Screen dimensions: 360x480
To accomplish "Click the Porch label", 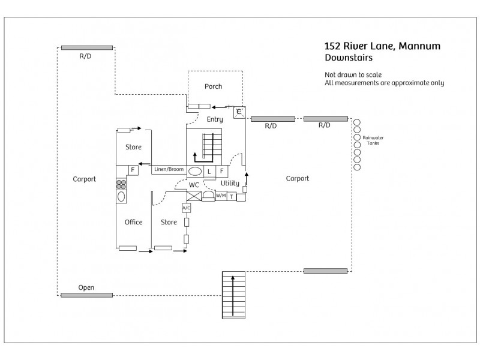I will coord(213,86).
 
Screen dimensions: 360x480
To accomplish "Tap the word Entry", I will coord(215,119).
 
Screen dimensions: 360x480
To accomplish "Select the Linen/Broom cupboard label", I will coord(168,170).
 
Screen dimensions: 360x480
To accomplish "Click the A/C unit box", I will coord(186,208).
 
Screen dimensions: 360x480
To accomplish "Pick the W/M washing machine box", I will coord(221,196).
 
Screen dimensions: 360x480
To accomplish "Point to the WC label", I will coord(194,185).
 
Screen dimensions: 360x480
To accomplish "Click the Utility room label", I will coord(230,183).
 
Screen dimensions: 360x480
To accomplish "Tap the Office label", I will coord(133,222).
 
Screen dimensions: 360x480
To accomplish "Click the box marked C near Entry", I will coord(239,112).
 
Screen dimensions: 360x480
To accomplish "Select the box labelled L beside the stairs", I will coord(209,172).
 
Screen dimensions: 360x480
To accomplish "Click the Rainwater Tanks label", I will coord(373,140).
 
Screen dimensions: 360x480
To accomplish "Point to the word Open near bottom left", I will coord(86,287).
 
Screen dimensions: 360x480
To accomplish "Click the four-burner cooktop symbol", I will coord(121,184).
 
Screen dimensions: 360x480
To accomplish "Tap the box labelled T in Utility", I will coord(231,196).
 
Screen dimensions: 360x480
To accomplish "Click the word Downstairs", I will coord(349,58).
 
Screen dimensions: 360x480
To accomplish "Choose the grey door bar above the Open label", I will coord(86,295).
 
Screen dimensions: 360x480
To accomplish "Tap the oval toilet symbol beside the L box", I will coord(195,172).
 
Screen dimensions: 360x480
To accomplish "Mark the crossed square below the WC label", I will coord(194,196).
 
